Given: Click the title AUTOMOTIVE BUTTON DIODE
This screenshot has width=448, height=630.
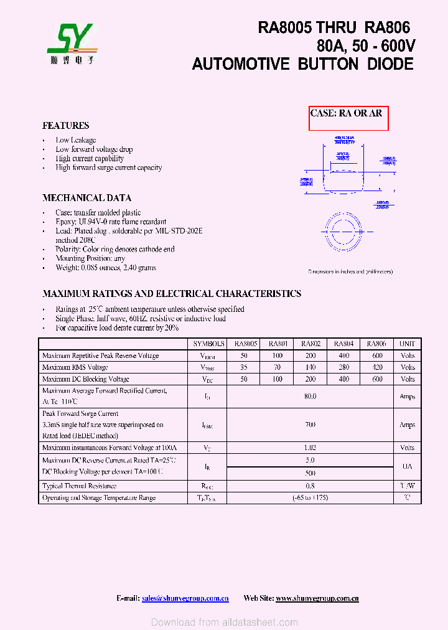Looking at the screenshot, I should tap(302, 64).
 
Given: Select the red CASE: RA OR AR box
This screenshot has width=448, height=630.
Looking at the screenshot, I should tap(348, 118).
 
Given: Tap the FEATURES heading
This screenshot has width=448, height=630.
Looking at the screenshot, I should tap(65, 125).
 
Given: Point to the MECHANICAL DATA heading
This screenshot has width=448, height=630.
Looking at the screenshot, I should tap(86, 198).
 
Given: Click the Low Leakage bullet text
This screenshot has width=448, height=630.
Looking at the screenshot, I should tap(75, 140).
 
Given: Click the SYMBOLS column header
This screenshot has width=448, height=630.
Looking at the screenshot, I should tap(208, 344).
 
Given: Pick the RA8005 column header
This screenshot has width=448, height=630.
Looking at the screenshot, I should tap(245, 344).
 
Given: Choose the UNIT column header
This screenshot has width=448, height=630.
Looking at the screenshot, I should tap(407, 344).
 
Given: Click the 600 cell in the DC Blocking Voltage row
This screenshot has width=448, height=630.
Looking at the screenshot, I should tap(377, 379).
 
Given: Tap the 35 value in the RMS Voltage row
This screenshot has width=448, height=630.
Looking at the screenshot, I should tap(244, 367).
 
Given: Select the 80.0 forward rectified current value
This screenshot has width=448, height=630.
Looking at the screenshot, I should tap(310, 397).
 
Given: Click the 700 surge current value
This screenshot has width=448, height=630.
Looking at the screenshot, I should tap(310, 425).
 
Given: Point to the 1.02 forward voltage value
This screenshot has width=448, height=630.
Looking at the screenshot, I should tap(310, 448).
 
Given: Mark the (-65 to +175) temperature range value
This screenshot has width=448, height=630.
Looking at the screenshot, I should tap(310, 497).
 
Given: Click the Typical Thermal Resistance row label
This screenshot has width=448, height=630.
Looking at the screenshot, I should tap(79, 486).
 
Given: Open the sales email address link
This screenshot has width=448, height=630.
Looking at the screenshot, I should tap(185, 598).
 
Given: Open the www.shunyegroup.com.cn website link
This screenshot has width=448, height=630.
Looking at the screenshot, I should tap(317, 598).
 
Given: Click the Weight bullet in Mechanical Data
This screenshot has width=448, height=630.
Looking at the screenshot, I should tap(105, 268).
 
